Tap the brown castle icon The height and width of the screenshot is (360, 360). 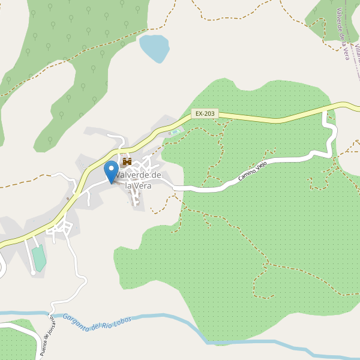pos(127,161)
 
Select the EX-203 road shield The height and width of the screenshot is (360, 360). pos(205,113)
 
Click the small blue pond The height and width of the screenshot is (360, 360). pos(154,48)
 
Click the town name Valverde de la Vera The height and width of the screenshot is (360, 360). pos(139,180)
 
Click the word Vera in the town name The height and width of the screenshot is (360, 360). pos(143,186)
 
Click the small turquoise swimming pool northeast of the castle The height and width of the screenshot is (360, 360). pos(175,132)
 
